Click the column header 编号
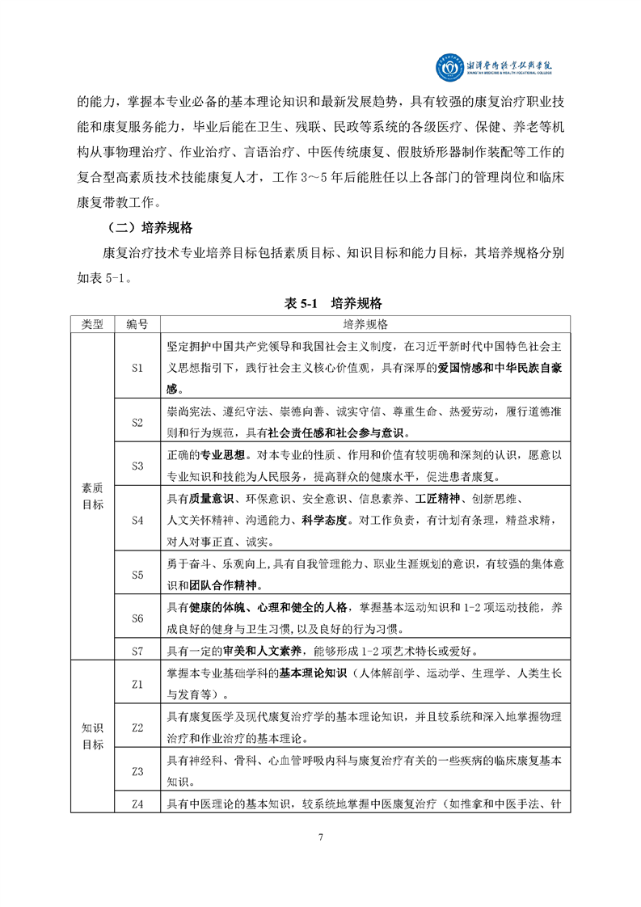click(137, 323)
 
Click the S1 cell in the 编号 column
click(137, 368)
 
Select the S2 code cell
click(137, 422)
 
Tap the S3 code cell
click(137, 466)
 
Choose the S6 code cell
click(137, 618)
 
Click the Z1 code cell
click(137, 684)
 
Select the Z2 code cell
click(137, 728)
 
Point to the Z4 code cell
click(137, 804)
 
